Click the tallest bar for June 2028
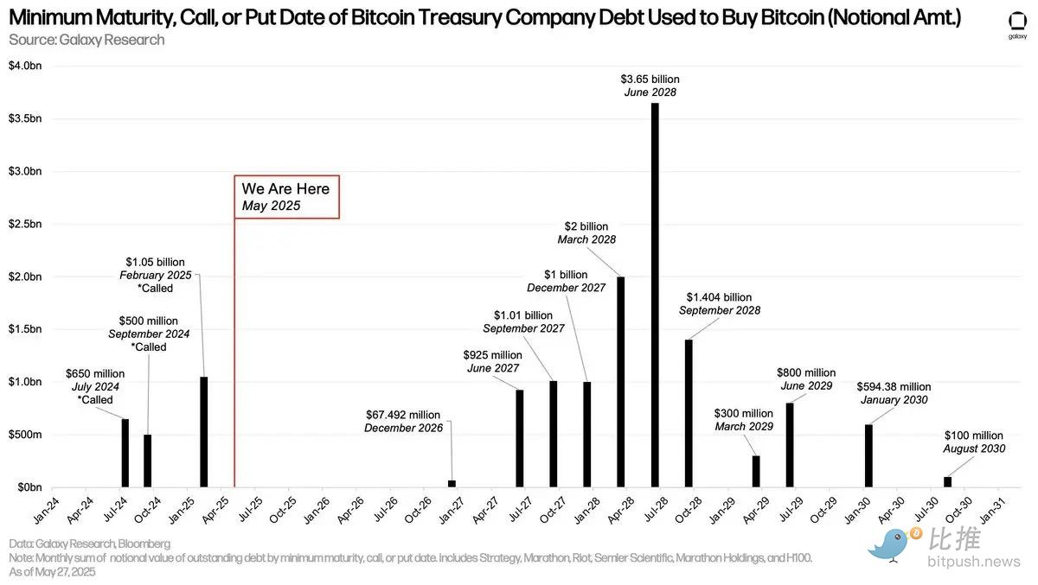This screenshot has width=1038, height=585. (x=655, y=296)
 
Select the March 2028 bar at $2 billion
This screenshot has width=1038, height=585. (x=621, y=382)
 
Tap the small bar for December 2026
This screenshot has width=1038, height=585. (x=452, y=484)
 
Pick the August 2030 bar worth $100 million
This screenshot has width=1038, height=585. (x=947, y=482)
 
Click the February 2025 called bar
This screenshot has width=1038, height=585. (x=203, y=432)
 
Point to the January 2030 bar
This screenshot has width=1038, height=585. (x=868, y=456)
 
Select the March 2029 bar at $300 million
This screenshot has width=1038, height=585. (x=756, y=472)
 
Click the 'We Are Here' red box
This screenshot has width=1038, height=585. (x=286, y=197)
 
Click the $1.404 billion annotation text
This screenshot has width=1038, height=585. (x=719, y=297)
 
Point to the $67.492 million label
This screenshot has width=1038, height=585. (x=403, y=415)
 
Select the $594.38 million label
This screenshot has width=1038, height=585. (x=894, y=387)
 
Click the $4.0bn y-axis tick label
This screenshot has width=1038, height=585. (x=24, y=66)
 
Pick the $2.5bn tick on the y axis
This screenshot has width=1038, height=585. (x=24, y=224)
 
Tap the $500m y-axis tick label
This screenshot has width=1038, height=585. (x=24, y=435)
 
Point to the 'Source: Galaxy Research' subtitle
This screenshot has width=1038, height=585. (x=86, y=40)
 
